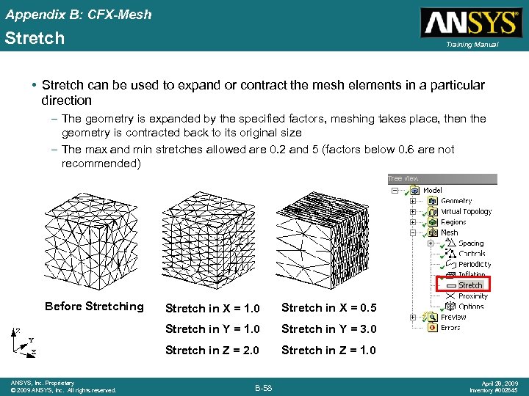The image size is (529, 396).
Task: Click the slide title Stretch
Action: [x=35, y=37]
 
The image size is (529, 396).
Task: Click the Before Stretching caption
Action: [x=94, y=306]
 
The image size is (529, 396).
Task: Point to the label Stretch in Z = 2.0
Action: [x=212, y=350]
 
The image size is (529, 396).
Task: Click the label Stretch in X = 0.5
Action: [x=328, y=307]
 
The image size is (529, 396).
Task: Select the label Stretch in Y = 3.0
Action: [x=328, y=329]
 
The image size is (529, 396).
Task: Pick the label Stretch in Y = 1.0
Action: [x=212, y=329]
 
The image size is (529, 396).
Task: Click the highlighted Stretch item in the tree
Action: [x=469, y=285]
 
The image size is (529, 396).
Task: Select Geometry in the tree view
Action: [x=456, y=200]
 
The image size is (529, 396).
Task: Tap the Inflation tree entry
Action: [x=472, y=275]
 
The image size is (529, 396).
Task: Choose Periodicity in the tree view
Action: [x=475, y=264]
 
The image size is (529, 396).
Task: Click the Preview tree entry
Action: [x=453, y=317]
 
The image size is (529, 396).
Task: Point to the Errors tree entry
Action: [x=450, y=327]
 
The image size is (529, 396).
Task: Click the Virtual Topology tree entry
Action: [x=466, y=211]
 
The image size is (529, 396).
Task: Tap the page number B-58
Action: [x=264, y=386]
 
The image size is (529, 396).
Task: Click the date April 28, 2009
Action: [x=499, y=383]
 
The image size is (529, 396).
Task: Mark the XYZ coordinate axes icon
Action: [x=24, y=341]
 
